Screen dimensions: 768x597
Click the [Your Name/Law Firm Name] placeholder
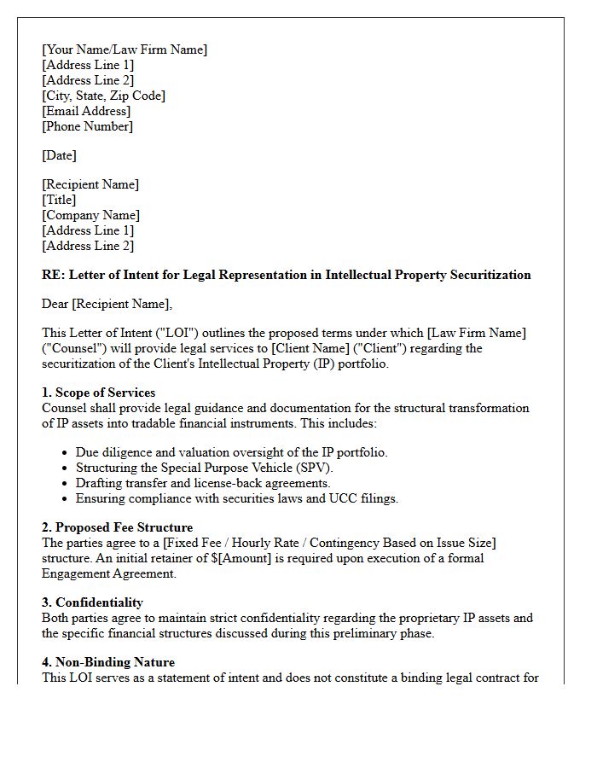point(125,49)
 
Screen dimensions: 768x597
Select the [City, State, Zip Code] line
point(103,96)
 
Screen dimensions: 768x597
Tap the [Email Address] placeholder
point(86,111)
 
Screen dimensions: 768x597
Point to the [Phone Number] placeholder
point(87,126)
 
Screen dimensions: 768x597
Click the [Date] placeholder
point(59,155)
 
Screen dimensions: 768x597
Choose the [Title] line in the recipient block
point(59,200)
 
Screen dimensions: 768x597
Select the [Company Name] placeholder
point(90,215)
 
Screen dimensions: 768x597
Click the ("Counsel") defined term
point(74,348)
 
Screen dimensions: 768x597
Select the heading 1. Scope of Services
point(98,393)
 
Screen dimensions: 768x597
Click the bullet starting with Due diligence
point(231,452)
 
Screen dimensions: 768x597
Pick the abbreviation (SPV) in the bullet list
point(314,468)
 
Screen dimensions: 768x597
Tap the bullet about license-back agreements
point(203,483)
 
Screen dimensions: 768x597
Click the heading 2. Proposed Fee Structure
point(117,527)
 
